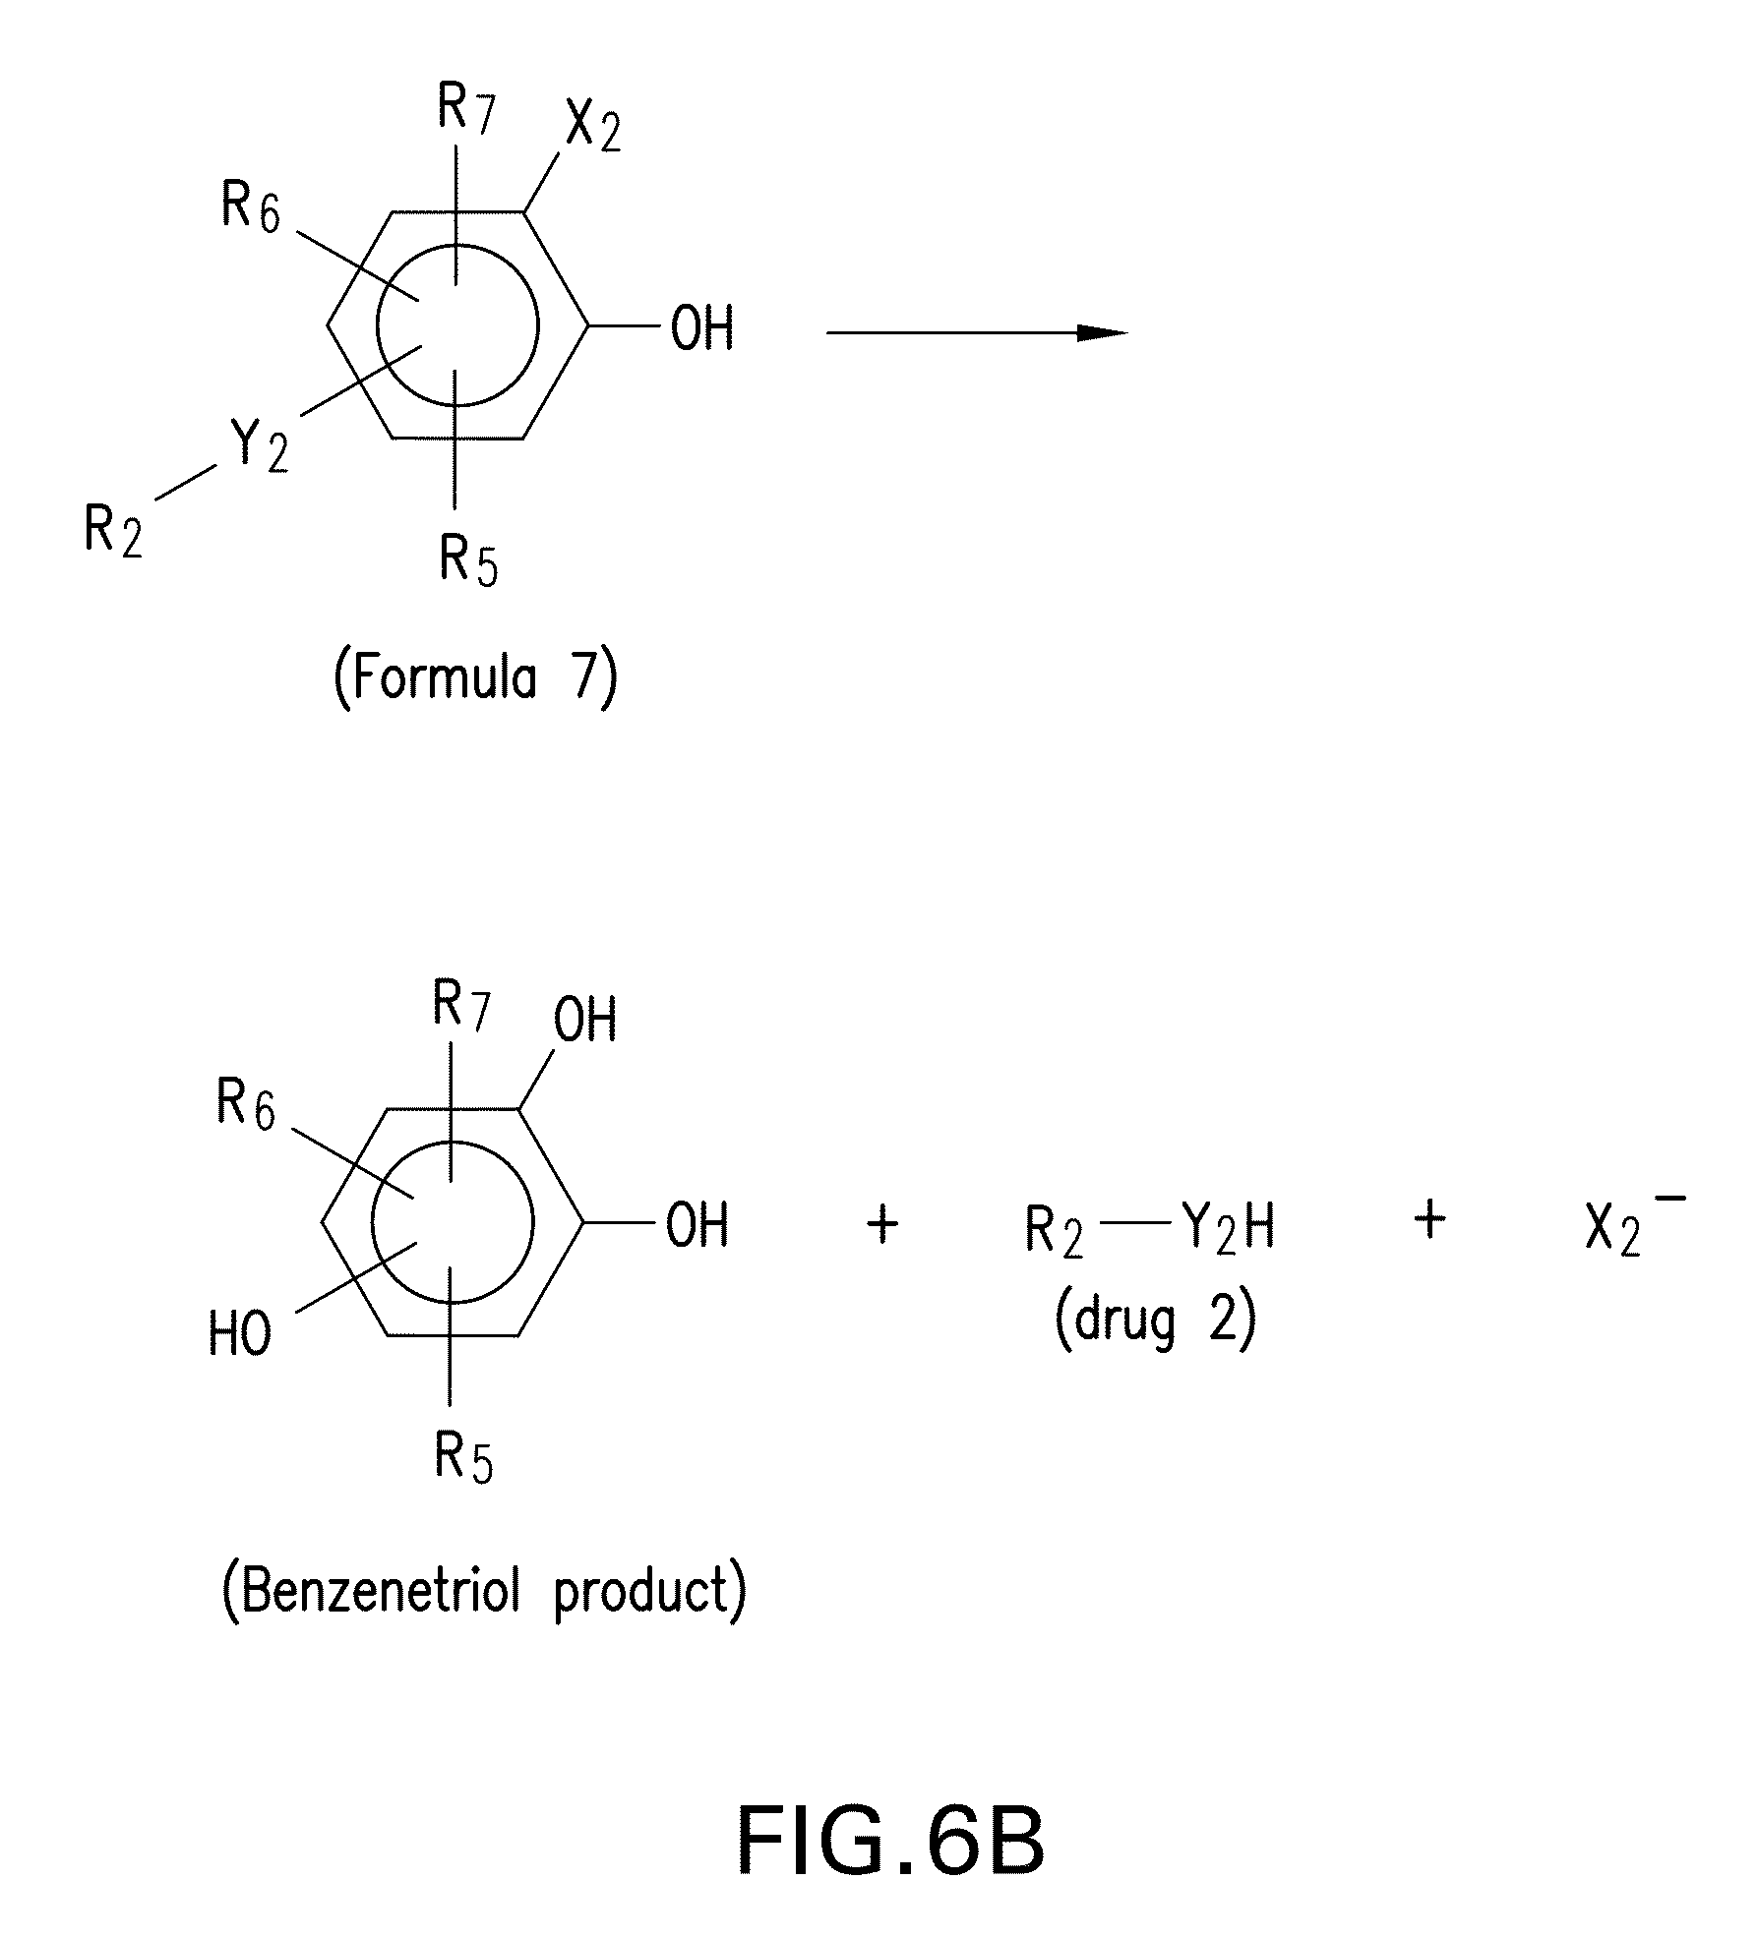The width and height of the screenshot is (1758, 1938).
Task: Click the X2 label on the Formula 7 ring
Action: pos(592,129)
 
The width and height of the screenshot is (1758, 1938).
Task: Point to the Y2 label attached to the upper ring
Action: pos(260,446)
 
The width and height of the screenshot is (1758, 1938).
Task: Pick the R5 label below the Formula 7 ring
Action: pos(468,561)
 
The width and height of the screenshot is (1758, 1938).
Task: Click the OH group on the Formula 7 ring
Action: pos(702,328)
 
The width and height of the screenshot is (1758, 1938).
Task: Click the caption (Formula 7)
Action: pos(476,678)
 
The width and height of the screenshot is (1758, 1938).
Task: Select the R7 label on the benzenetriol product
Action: pos(461,1006)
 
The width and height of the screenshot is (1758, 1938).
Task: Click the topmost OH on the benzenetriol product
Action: pos(585,1020)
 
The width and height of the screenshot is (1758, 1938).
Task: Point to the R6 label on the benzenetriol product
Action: pos(246,1106)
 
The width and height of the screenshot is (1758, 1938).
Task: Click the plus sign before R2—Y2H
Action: pos(882,1225)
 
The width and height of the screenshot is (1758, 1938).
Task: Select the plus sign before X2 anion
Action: pos(1429,1220)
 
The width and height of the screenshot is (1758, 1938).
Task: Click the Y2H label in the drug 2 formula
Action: pos(1228,1229)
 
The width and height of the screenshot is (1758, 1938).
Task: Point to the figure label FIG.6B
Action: pos(890,1842)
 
